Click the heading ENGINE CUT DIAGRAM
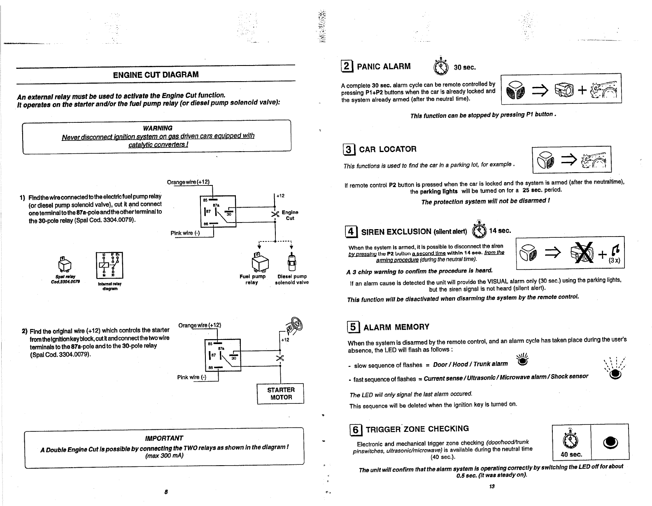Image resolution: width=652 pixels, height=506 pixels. pyautogui.click(x=156, y=75)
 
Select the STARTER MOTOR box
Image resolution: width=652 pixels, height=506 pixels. pyautogui.click(x=280, y=394)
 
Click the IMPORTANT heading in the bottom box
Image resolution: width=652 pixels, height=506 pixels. pyautogui.click(x=164, y=438)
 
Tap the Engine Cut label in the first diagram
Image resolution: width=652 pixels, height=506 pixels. pyautogui.click(x=290, y=215)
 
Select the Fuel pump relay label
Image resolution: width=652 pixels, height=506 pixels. pyautogui.click(x=252, y=279)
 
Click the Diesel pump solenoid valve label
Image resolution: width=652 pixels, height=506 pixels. pyautogui.click(x=292, y=279)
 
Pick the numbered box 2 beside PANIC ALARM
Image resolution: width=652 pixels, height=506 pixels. pyautogui.click(x=347, y=67)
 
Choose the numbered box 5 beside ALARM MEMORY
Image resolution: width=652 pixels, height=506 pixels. pyautogui.click(x=353, y=328)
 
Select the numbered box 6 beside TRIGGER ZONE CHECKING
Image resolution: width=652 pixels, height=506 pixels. pyautogui.click(x=355, y=430)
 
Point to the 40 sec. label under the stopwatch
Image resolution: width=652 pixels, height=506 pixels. pyautogui.click(x=571, y=454)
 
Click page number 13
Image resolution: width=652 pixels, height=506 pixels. pyautogui.click(x=491, y=486)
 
